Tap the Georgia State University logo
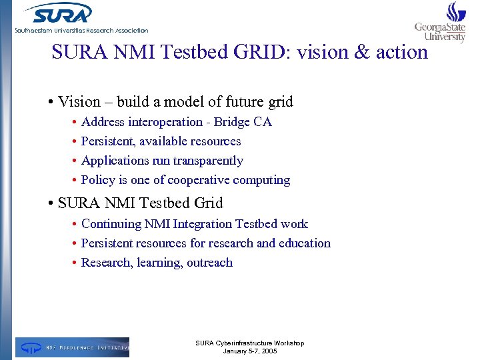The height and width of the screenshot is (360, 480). click(440, 24)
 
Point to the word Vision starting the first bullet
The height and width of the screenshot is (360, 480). click(79, 102)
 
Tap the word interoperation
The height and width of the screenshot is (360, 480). click(158, 122)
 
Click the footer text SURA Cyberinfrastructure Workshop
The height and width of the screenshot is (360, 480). click(249, 343)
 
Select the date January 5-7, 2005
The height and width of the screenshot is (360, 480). click(249, 351)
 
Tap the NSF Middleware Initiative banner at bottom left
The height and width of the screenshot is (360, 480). click(72, 347)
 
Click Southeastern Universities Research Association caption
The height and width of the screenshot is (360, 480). click(81, 31)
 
